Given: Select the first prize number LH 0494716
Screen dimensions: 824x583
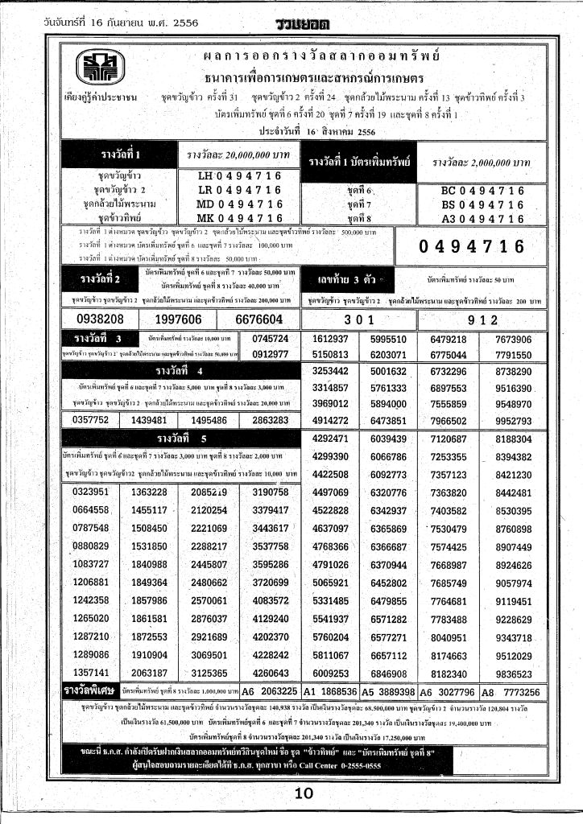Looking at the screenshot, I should click(x=240, y=176).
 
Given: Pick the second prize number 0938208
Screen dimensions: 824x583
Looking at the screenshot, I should click(x=93, y=319).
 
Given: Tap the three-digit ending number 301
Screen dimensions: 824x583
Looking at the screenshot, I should click(x=368, y=318).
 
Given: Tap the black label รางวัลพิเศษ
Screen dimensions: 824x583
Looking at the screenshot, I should click(x=90, y=690).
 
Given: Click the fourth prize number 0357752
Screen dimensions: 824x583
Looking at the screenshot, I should click(x=90, y=420).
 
